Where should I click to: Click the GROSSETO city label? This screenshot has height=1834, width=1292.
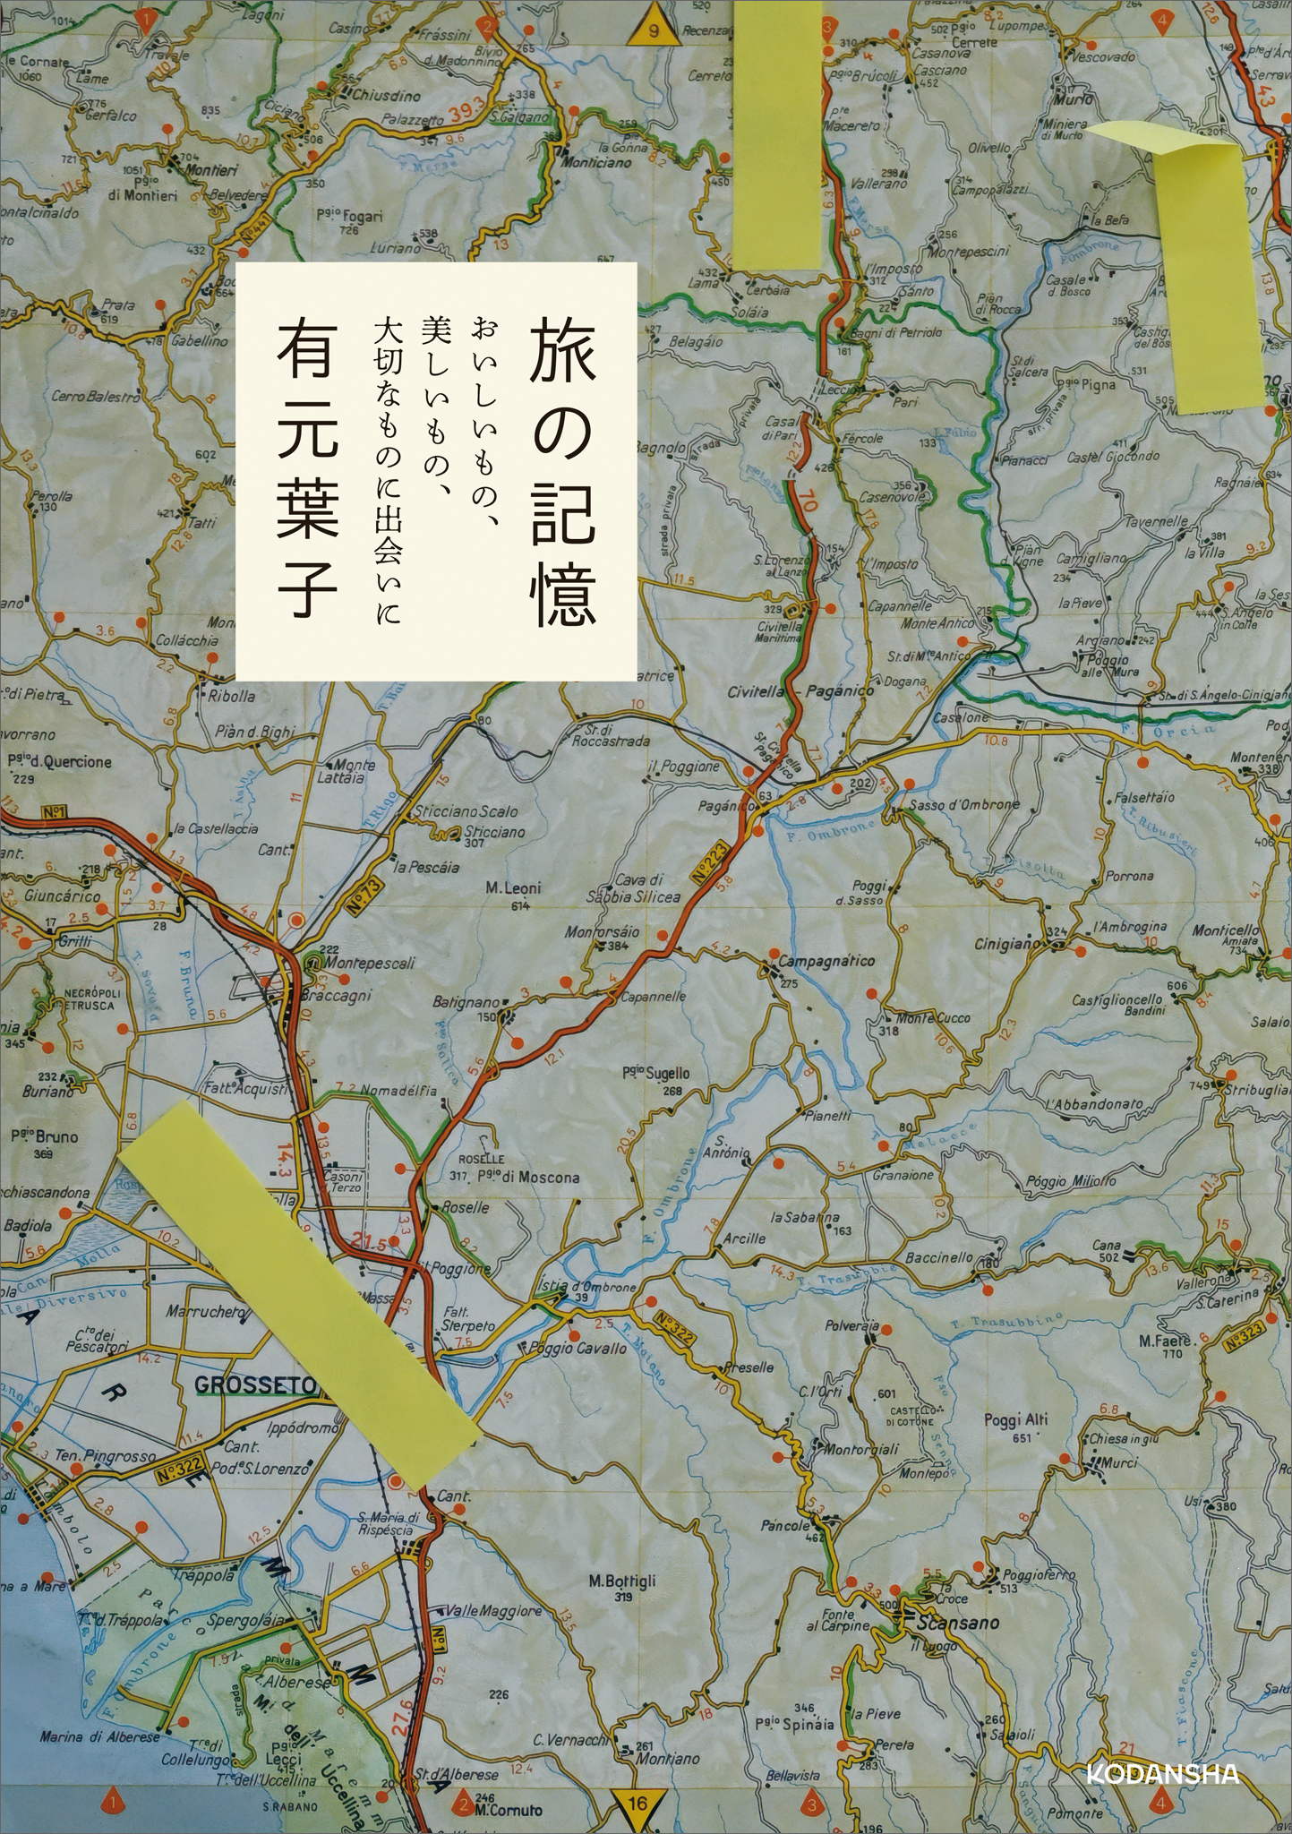pyautogui.click(x=256, y=1385)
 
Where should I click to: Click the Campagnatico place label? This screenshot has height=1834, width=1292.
pyautogui.click(x=826, y=962)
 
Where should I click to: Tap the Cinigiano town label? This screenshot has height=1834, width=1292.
pyautogui.click(x=1007, y=944)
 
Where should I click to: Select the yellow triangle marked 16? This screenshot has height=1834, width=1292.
pyautogui.click(x=637, y=1797)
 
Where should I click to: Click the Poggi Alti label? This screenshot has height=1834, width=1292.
pyautogui.click(x=1015, y=1419)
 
